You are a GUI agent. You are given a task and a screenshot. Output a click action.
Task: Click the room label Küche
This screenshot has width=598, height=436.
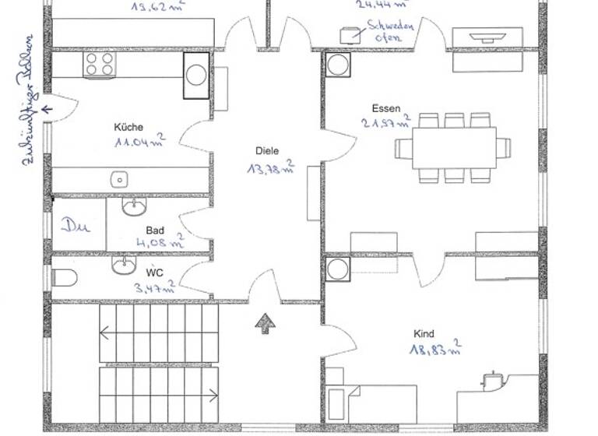point(128,127)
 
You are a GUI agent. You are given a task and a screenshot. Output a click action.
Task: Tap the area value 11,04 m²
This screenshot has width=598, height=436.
point(139,142)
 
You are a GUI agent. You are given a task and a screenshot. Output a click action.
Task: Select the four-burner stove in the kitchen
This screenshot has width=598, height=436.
point(100,64)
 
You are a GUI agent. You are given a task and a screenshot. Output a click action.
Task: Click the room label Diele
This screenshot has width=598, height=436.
point(266,151)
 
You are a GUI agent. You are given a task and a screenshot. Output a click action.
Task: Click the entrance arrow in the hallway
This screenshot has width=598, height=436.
point(265,324)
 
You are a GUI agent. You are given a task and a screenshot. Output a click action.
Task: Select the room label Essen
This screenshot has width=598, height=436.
point(385,108)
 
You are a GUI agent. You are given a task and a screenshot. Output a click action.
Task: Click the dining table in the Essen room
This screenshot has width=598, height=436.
point(455,147)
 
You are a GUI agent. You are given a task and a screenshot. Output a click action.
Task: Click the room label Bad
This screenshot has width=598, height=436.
point(154,230)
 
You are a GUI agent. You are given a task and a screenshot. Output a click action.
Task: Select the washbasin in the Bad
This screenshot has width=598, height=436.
point(135,206)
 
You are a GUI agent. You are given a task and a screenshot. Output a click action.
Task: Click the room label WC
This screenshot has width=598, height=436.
point(154,272)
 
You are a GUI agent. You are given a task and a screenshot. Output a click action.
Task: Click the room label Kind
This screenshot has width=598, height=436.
point(424,333)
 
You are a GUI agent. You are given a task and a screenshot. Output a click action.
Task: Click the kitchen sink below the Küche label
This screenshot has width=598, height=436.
point(119,179)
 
